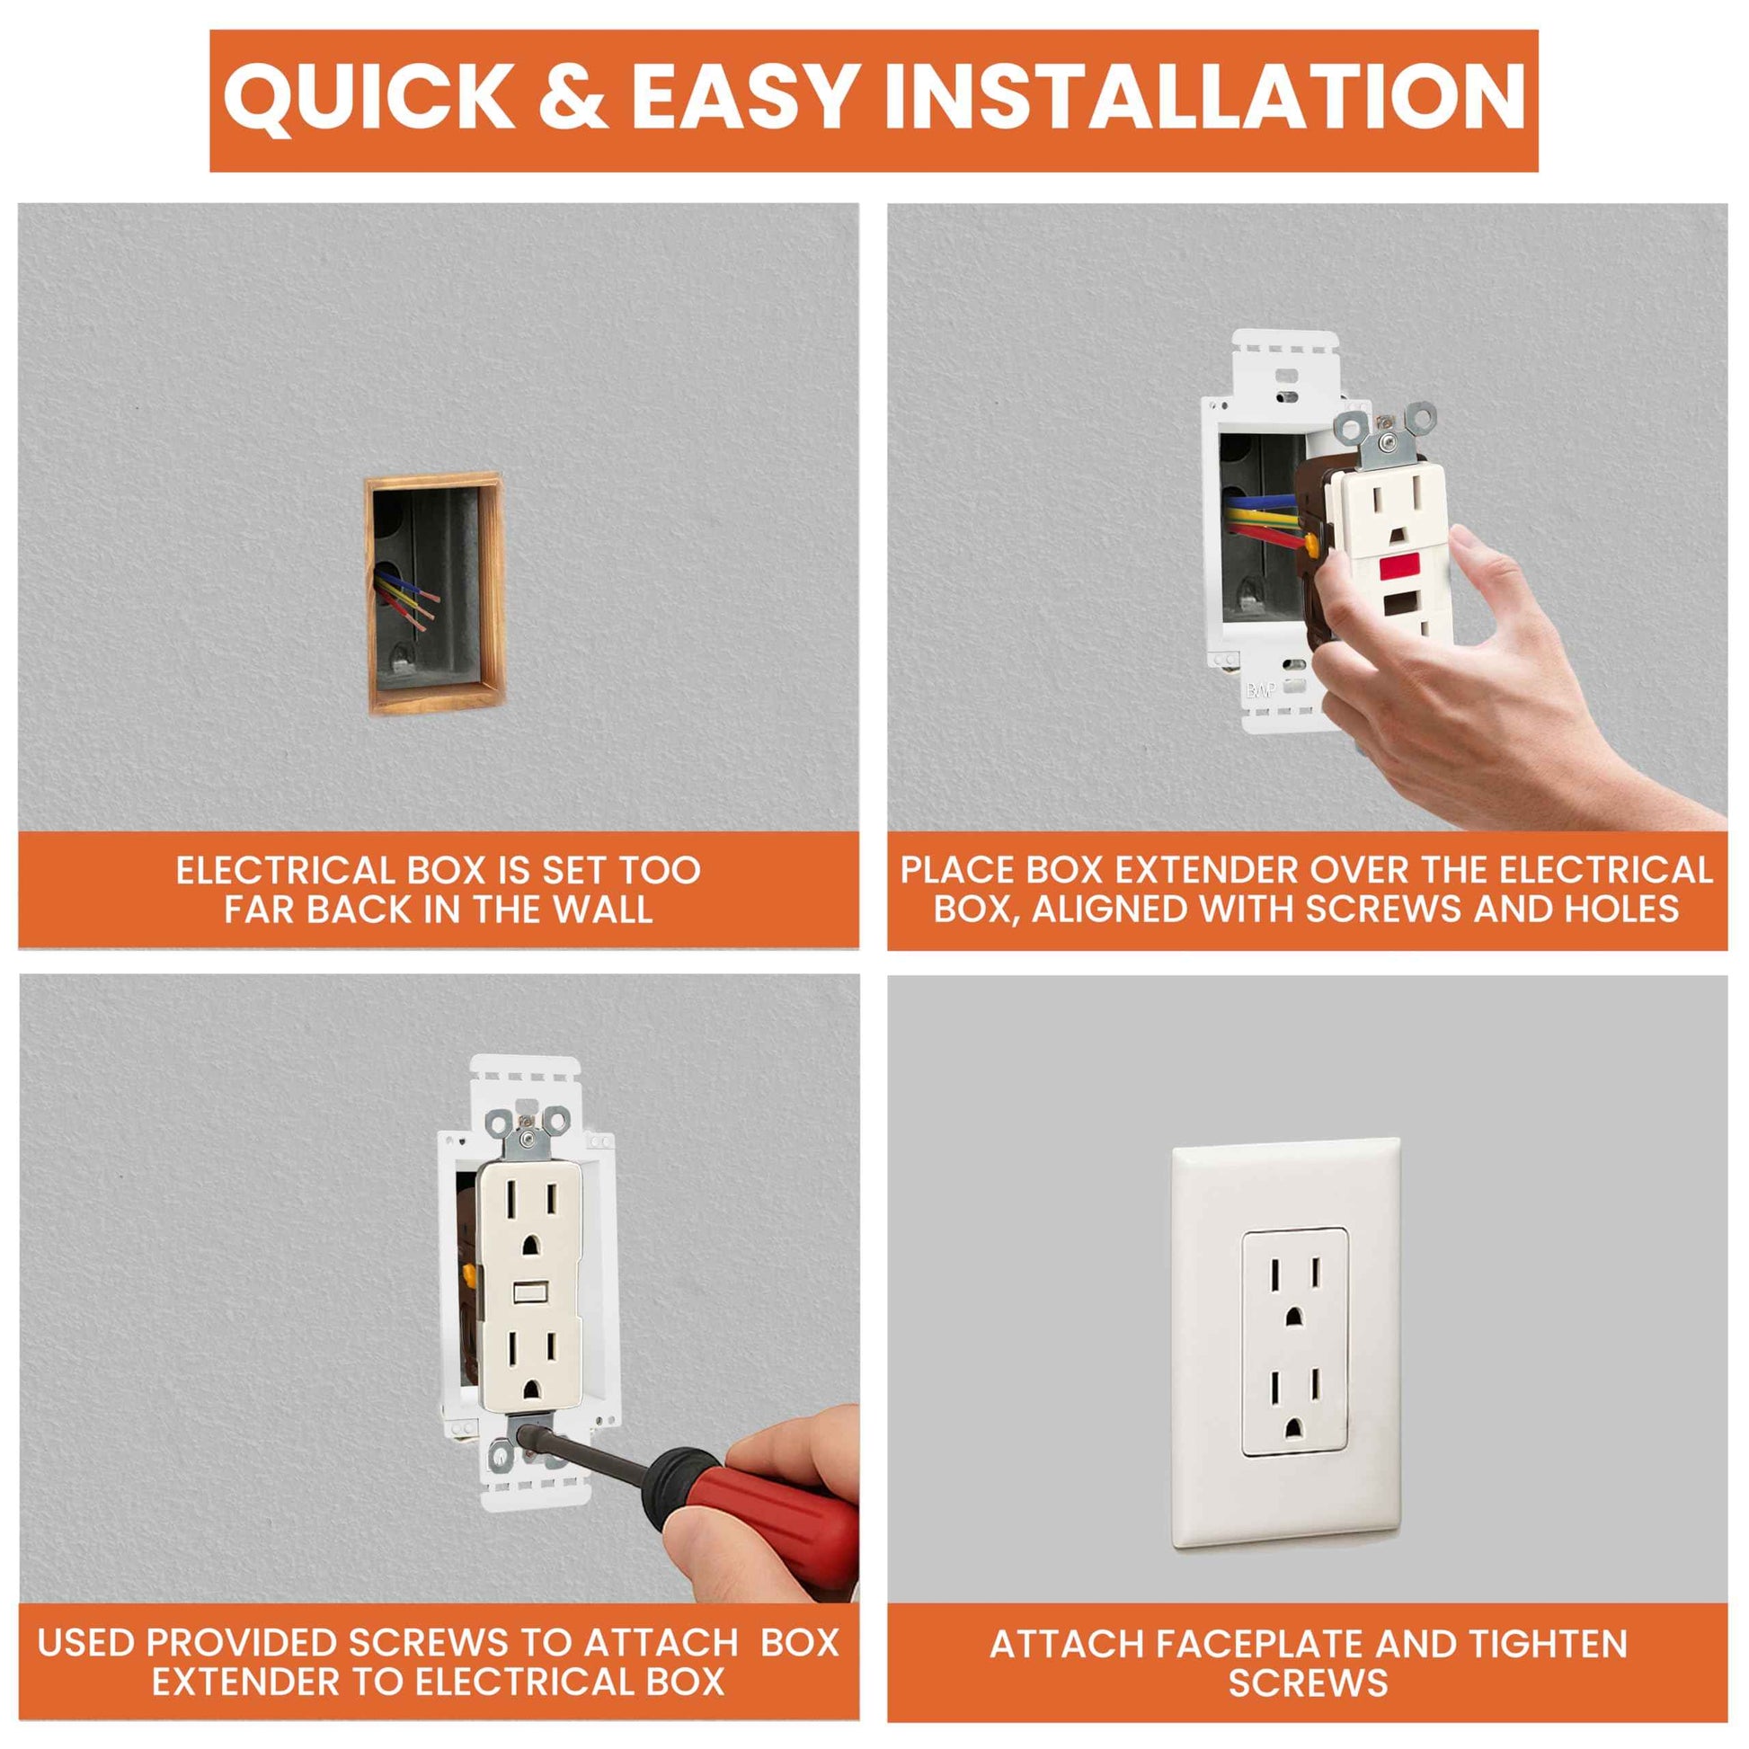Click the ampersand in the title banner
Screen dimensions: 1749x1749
click(x=573, y=95)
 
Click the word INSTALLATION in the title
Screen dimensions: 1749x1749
click(x=1204, y=95)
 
